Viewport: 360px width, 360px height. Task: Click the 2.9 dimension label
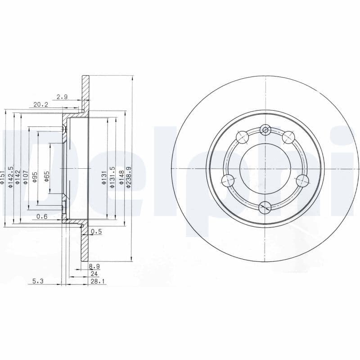[62, 97]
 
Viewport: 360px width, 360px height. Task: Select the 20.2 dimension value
[41, 104]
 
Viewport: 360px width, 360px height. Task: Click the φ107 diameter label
[26, 176]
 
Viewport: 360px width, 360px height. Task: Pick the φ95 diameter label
[35, 177]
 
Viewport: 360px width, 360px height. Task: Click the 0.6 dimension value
[42, 216]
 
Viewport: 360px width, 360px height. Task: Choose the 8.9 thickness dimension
[94, 267]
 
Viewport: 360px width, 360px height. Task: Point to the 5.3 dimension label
[38, 281]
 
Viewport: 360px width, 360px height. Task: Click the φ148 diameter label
[121, 178]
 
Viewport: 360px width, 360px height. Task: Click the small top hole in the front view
[265, 130]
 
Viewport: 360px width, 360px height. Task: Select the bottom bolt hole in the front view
[265, 207]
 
